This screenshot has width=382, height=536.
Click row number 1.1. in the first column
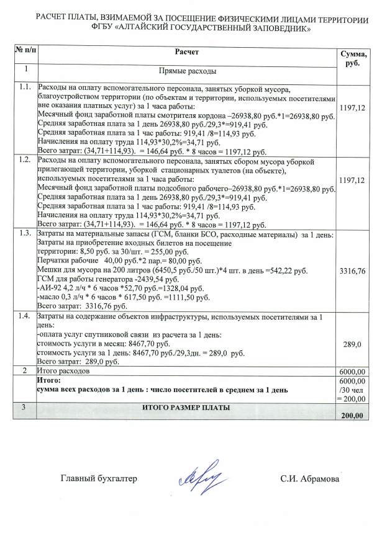coord(25,87)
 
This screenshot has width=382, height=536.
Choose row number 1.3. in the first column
coord(25,233)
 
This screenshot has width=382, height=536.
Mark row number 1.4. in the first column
coord(25,316)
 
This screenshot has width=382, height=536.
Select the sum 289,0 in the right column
coord(352,342)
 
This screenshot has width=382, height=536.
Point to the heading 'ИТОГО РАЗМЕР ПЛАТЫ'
coord(186,408)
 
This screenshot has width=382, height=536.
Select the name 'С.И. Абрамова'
coord(309,478)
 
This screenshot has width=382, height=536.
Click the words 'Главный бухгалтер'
coord(98,478)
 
